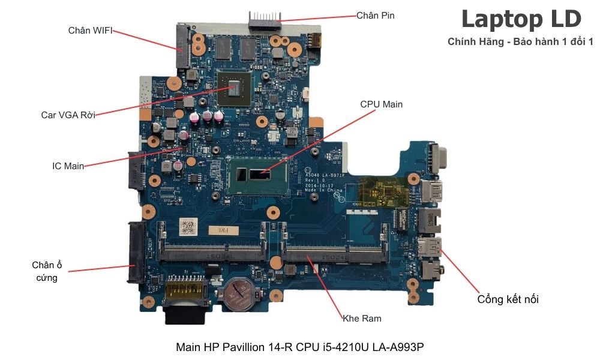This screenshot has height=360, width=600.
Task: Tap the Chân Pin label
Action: tap(376, 15)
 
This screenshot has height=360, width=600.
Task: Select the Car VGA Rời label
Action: tap(68, 115)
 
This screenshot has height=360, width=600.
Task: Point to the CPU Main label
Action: tap(381, 104)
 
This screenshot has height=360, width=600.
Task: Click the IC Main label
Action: tap(68, 166)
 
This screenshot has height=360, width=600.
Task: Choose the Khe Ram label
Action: tap(362, 318)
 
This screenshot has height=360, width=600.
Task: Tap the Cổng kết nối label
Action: tap(508, 299)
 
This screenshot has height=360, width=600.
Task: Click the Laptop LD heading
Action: tap(521, 19)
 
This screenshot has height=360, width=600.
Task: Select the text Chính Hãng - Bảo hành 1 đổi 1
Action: tap(520, 42)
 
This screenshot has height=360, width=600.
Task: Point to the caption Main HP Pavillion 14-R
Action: tap(300, 347)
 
